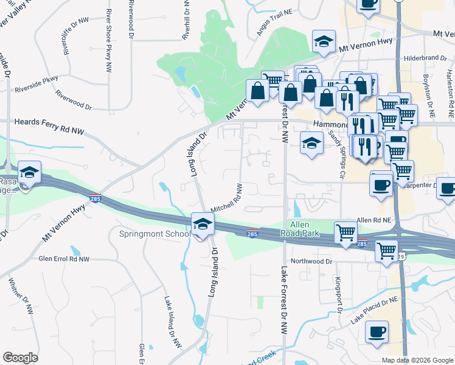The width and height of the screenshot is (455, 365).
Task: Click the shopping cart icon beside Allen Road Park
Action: tap(346, 233)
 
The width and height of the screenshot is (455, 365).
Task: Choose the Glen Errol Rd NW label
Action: tap(64, 259)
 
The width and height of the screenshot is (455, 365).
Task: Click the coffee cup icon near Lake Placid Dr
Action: tap(377, 333)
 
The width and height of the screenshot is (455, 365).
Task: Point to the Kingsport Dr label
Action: tap(339, 296)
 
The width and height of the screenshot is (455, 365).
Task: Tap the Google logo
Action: tap(20, 358)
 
